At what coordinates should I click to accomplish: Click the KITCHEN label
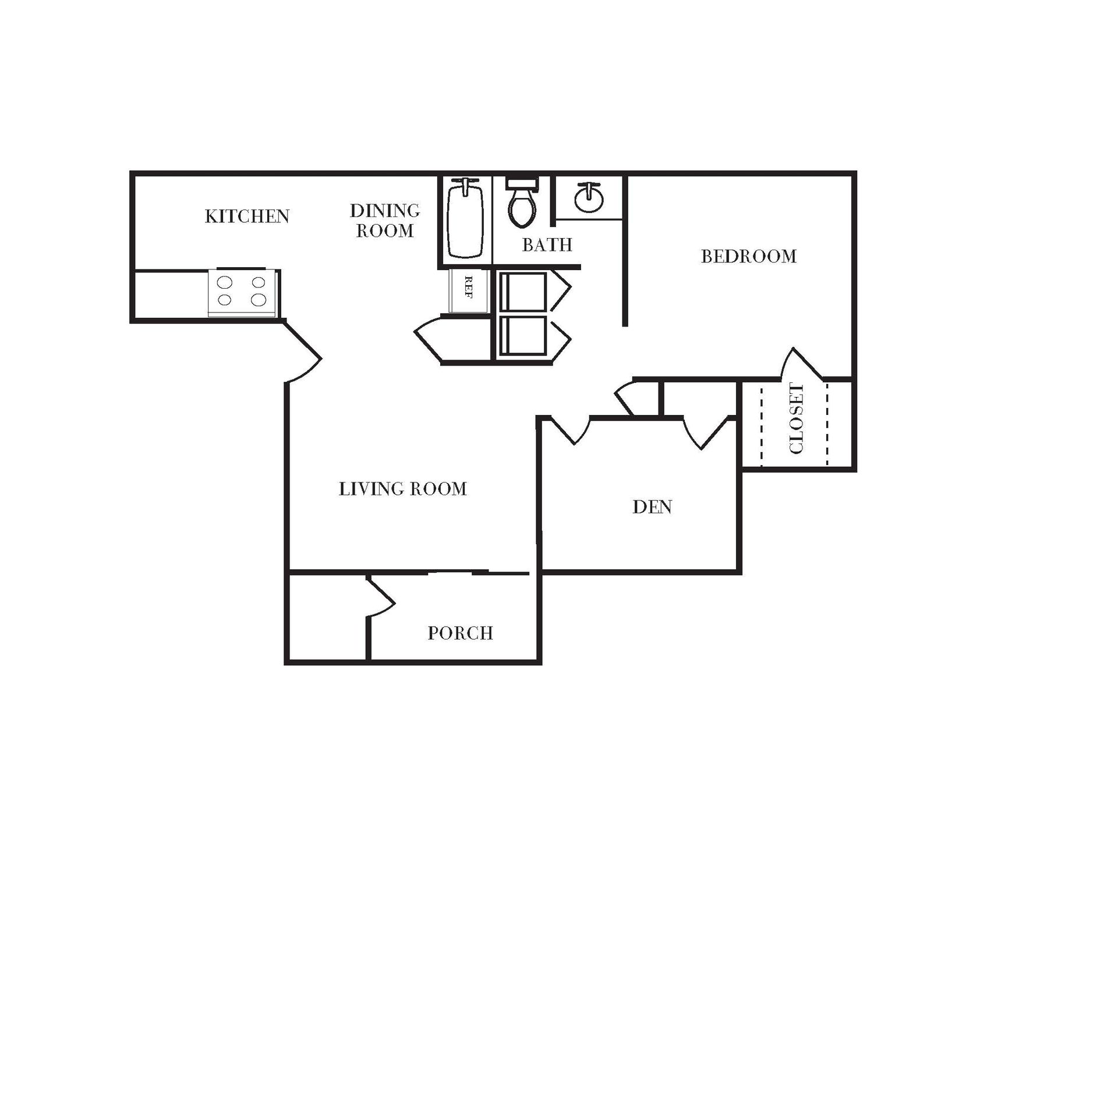[x=247, y=217]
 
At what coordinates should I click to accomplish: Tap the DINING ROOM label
[x=385, y=221]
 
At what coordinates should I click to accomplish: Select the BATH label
[x=547, y=245]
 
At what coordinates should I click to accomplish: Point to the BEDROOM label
[x=748, y=257]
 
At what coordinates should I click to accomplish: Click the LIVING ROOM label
[x=403, y=489]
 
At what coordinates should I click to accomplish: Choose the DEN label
[x=652, y=508]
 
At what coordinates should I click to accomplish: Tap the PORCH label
[x=460, y=633]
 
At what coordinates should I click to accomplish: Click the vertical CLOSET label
[x=796, y=418]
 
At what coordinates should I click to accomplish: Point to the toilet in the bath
[x=522, y=204]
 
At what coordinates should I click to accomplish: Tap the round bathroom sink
[x=589, y=198]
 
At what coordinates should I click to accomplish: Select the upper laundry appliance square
[x=523, y=291]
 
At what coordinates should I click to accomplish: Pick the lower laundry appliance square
[x=523, y=336]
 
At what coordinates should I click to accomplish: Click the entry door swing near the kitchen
[x=303, y=355]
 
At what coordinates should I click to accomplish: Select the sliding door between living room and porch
[x=477, y=573]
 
